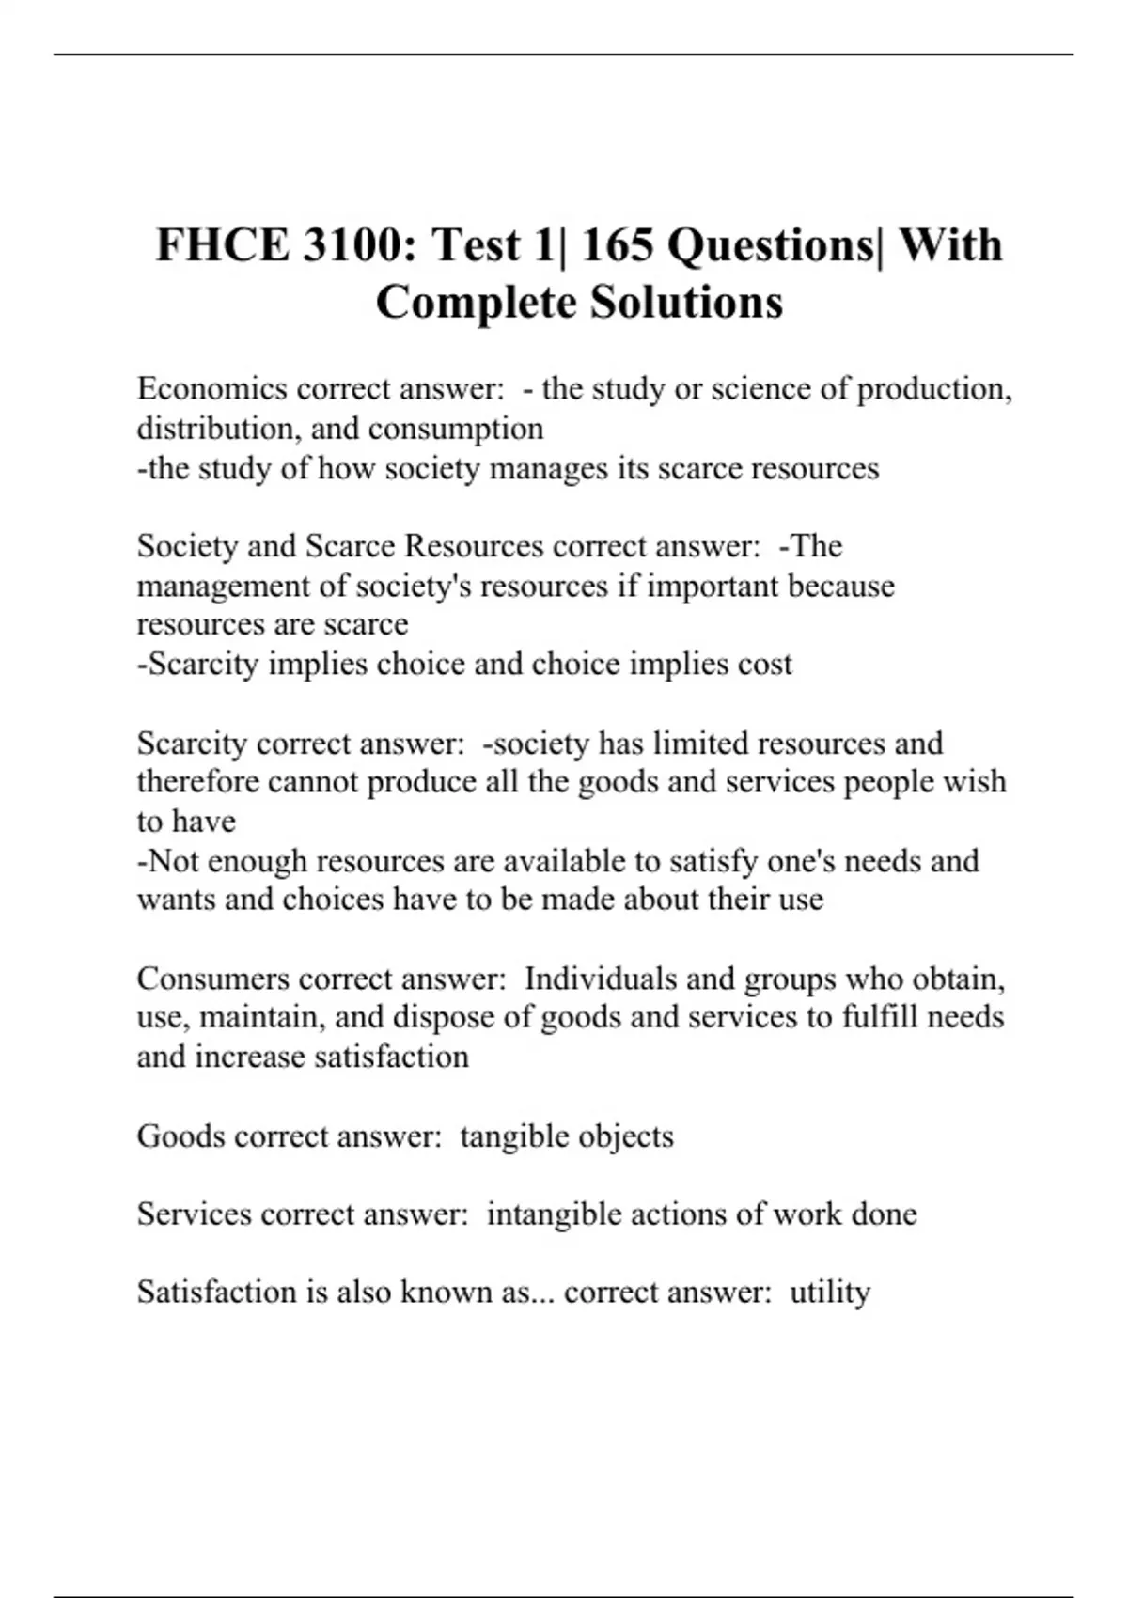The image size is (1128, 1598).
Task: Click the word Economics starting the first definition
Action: (211, 388)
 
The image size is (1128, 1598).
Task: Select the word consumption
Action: (456, 429)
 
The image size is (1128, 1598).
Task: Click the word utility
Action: (830, 1292)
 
